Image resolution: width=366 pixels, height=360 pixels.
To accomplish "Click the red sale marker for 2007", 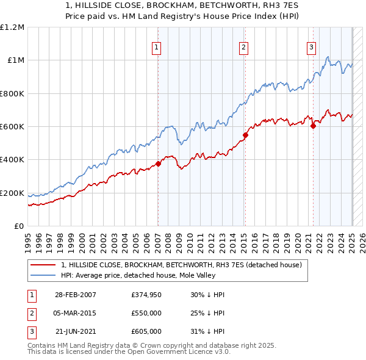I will [x=158, y=164].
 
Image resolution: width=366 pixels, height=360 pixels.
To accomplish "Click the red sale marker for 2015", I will [x=245, y=135].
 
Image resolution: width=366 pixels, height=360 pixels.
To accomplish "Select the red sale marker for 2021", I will [x=313, y=126].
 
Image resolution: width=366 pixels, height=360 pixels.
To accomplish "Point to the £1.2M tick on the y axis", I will [x=12, y=27].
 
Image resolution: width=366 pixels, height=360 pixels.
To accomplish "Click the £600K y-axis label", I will [x=12, y=127].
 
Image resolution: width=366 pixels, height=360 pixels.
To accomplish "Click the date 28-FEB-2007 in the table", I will [x=76, y=295].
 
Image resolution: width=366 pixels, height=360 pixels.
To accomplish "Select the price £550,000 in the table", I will [x=146, y=313].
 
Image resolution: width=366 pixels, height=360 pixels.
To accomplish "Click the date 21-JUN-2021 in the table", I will [x=76, y=331].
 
